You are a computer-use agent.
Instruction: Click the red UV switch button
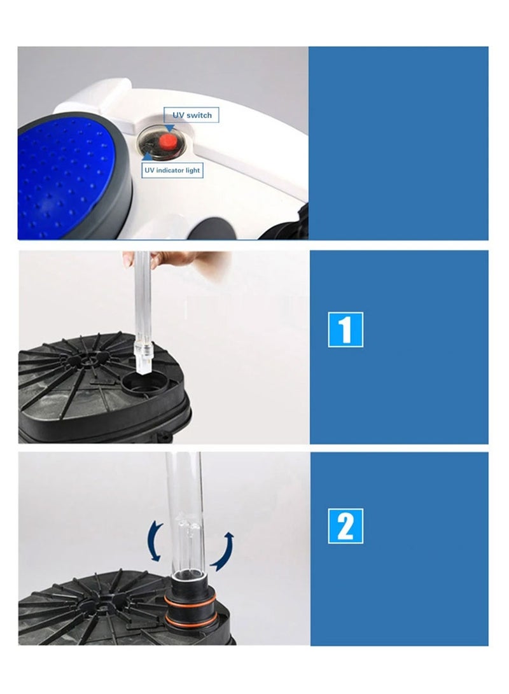[167, 142]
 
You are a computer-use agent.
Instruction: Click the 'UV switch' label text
[192, 115]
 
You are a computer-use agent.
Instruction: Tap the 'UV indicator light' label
[172, 170]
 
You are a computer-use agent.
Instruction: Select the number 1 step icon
[345, 330]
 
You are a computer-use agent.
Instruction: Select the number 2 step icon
[345, 526]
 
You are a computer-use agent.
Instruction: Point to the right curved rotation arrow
[226, 552]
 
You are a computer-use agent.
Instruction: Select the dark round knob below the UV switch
[207, 228]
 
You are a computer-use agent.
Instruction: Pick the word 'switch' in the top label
[199, 115]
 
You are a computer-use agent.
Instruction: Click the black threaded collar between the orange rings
[191, 609]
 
